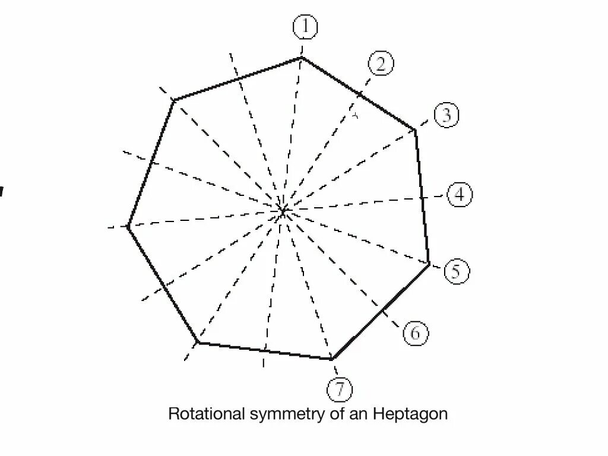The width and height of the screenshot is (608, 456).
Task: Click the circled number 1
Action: coord(305,27)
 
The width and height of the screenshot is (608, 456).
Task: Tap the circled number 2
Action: coord(381,64)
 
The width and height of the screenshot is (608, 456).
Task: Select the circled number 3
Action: coord(446,115)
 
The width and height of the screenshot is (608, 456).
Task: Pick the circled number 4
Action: coord(460,195)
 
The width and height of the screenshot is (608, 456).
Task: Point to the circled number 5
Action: coord(456,271)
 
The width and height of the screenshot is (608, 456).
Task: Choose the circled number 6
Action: coord(415,333)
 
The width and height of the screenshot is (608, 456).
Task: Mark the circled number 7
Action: coord(340,389)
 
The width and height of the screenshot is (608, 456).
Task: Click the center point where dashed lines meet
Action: coord(284,210)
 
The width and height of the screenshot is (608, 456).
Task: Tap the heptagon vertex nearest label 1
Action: coord(302,58)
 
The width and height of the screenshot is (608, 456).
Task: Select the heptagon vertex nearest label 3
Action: coord(415,129)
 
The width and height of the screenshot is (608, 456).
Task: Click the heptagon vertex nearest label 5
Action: coord(429,264)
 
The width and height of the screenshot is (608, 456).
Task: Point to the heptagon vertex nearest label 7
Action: coord(332,359)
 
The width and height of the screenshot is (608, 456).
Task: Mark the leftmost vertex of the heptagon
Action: coord(128,226)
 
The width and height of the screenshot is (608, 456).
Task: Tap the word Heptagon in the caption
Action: coord(410,414)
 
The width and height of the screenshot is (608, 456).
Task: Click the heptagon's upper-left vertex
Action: coord(174,100)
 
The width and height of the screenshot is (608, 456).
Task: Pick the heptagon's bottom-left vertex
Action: coord(198,343)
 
